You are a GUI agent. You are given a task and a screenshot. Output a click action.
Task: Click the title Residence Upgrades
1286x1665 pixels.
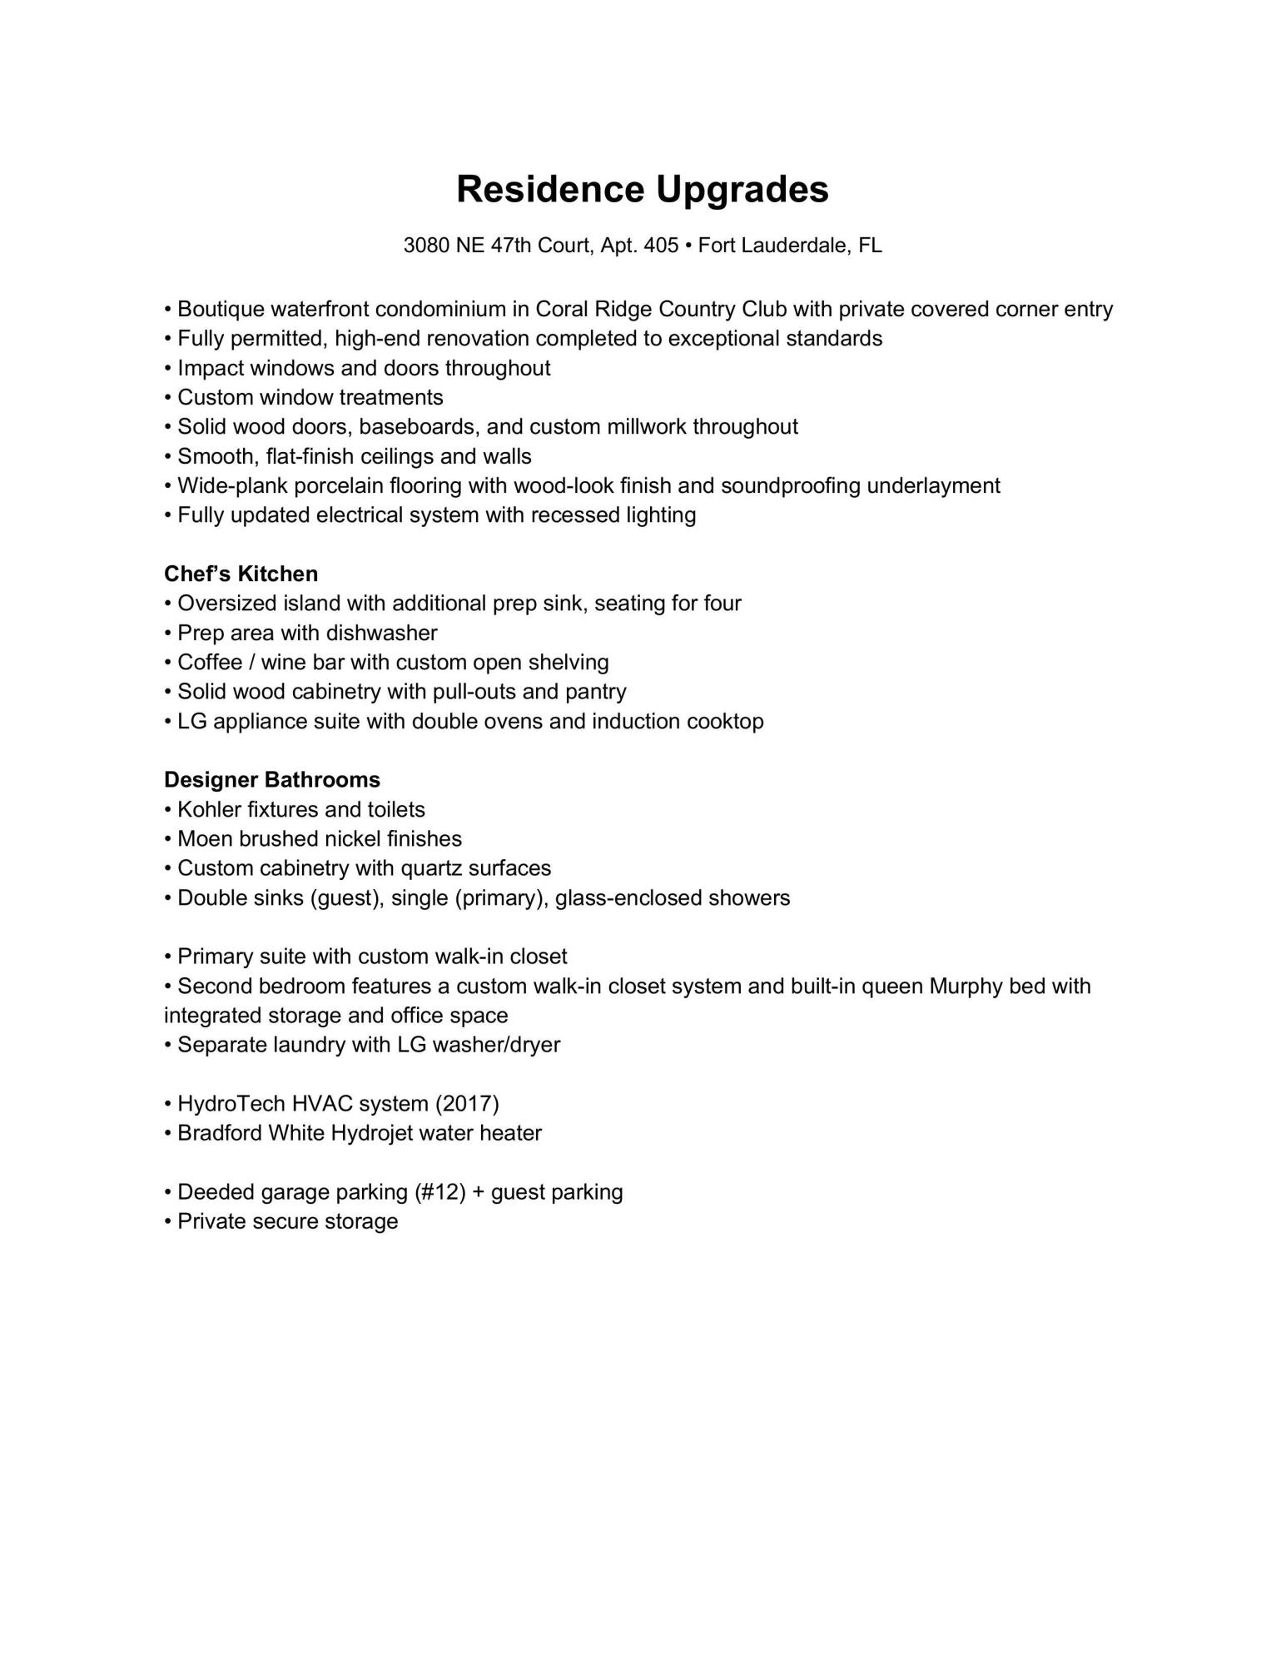pos(643,190)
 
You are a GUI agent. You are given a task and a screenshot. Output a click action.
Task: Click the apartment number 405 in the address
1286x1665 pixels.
pos(661,246)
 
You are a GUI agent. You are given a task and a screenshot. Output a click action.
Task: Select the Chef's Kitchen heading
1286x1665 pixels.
pos(241,574)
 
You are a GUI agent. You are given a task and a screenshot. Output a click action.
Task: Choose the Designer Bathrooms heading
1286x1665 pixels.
pos(272,780)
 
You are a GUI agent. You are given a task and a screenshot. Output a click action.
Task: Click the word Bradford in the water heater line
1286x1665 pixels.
pos(220,1134)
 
